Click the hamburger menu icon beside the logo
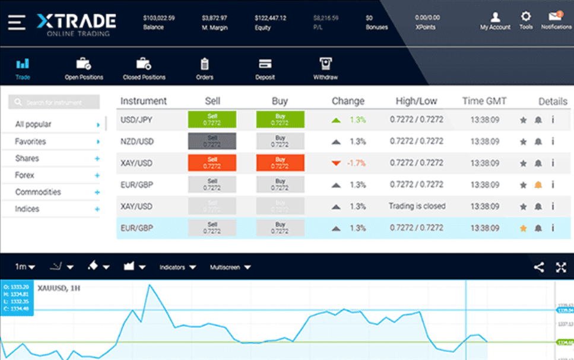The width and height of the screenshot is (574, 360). coord(17,22)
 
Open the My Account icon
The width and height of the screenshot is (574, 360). coord(495,17)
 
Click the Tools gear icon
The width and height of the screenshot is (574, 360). coord(525,17)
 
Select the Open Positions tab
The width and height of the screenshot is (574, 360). coord(84,64)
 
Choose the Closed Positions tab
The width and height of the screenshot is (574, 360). coord(144,64)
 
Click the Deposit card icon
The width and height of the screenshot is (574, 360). coord(265,64)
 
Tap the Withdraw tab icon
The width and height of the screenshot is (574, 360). coord(325,64)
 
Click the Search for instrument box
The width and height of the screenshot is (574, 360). coord(54,103)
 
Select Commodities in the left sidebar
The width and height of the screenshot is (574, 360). coord(38,192)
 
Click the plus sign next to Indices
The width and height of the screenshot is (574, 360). coord(97,210)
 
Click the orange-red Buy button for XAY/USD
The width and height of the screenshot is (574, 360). coord(280,163)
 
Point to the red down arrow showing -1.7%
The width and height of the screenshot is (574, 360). coord(336,163)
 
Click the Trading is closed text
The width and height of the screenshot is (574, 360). coord(417,206)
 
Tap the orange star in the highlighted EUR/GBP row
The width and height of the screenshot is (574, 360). coord(523,228)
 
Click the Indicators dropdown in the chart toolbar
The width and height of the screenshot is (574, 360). coord(177,267)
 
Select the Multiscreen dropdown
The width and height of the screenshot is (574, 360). coord(230,267)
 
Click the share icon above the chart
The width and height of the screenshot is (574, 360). coord(538,267)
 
